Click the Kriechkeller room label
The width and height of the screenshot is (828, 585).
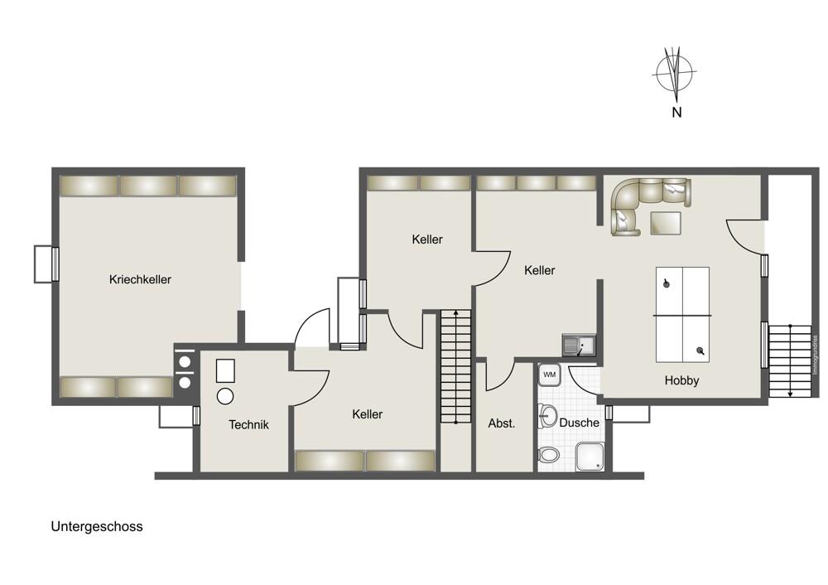(140, 280)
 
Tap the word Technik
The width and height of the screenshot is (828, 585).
(248, 425)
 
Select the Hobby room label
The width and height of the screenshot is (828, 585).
(681, 381)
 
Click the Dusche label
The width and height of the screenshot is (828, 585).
(579, 423)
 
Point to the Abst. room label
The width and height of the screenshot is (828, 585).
(501, 423)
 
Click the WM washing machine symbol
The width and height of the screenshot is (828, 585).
(549, 375)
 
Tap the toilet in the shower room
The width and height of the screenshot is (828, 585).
(548, 454)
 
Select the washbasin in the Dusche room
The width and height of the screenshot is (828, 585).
(547, 413)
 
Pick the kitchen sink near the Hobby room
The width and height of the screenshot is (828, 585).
(578, 345)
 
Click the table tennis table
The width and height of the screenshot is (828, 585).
(682, 314)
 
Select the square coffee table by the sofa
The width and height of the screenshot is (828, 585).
(665, 224)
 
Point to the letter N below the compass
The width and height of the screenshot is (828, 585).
(676, 113)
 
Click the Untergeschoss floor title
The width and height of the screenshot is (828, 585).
(96, 526)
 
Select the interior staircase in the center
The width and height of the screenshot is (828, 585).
(455, 365)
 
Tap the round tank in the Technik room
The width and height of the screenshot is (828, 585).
(224, 396)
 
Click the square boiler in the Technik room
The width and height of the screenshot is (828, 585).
(226, 370)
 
